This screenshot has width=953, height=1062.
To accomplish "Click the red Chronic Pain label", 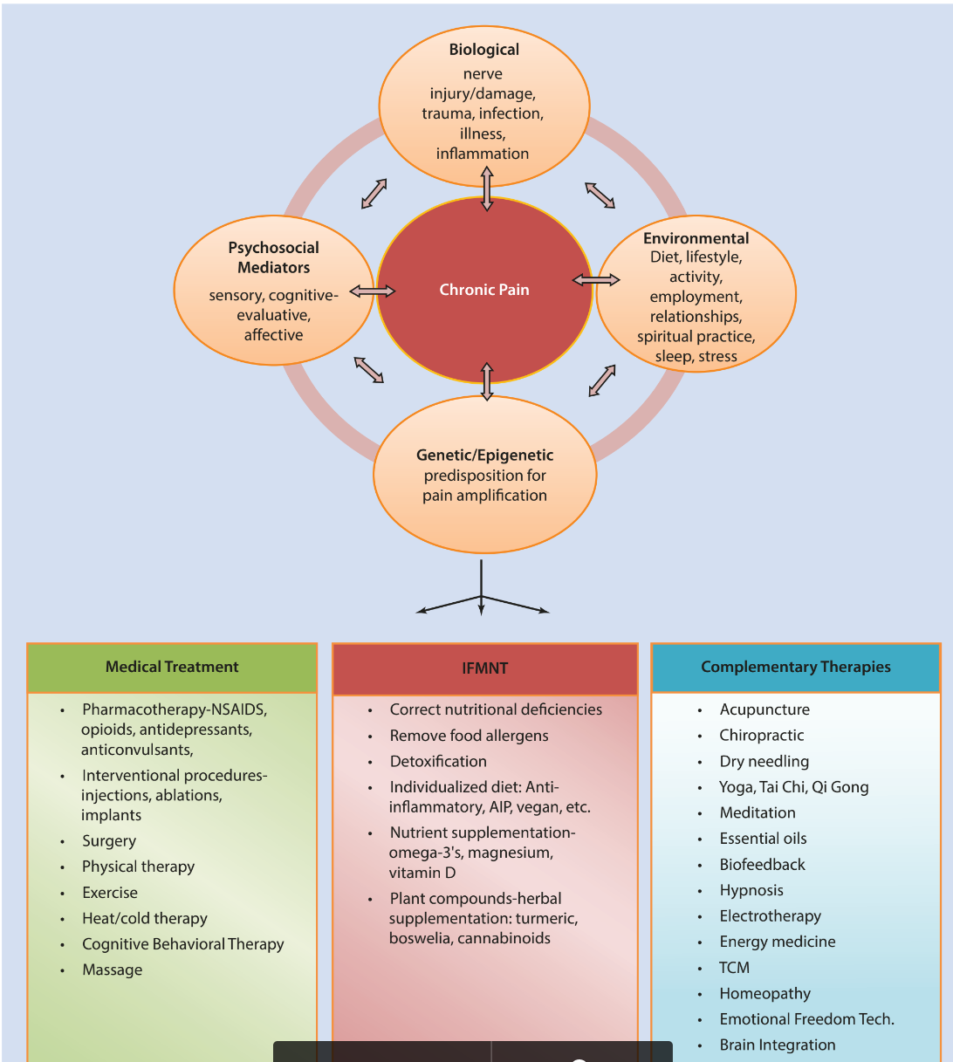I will (484, 290).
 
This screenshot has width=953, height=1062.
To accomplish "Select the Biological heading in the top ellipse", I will (483, 50).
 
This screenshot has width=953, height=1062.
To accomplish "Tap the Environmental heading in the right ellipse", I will (696, 238).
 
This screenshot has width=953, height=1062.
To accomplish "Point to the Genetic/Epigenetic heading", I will (484, 455).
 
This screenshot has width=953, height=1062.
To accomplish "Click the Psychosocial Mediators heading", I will (274, 257).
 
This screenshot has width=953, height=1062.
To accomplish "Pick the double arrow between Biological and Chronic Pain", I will (487, 191).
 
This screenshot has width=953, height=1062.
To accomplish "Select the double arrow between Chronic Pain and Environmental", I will (596, 280).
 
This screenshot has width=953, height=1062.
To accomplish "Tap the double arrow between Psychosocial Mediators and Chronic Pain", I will (373, 291).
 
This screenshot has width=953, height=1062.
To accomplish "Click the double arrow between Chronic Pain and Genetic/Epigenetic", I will (487, 381).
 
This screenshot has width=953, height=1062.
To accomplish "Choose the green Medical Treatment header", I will (172, 667).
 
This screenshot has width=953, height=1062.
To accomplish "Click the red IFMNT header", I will (484, 668).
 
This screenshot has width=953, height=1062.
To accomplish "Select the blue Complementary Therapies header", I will (795, 667).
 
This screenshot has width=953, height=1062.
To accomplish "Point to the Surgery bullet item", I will (109, 841).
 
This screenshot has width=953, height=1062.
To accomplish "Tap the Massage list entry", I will (112, 970).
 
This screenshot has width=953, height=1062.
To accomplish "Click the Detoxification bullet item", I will (438, 761).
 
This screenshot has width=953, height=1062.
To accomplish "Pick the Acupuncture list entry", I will (764, 709).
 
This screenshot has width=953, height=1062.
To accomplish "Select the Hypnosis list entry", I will (751, 890).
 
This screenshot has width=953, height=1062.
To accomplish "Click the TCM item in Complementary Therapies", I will (734, 968).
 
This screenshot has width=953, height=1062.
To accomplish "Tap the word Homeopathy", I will (764, 993).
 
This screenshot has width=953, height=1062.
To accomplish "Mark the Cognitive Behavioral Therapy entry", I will (183, 944).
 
